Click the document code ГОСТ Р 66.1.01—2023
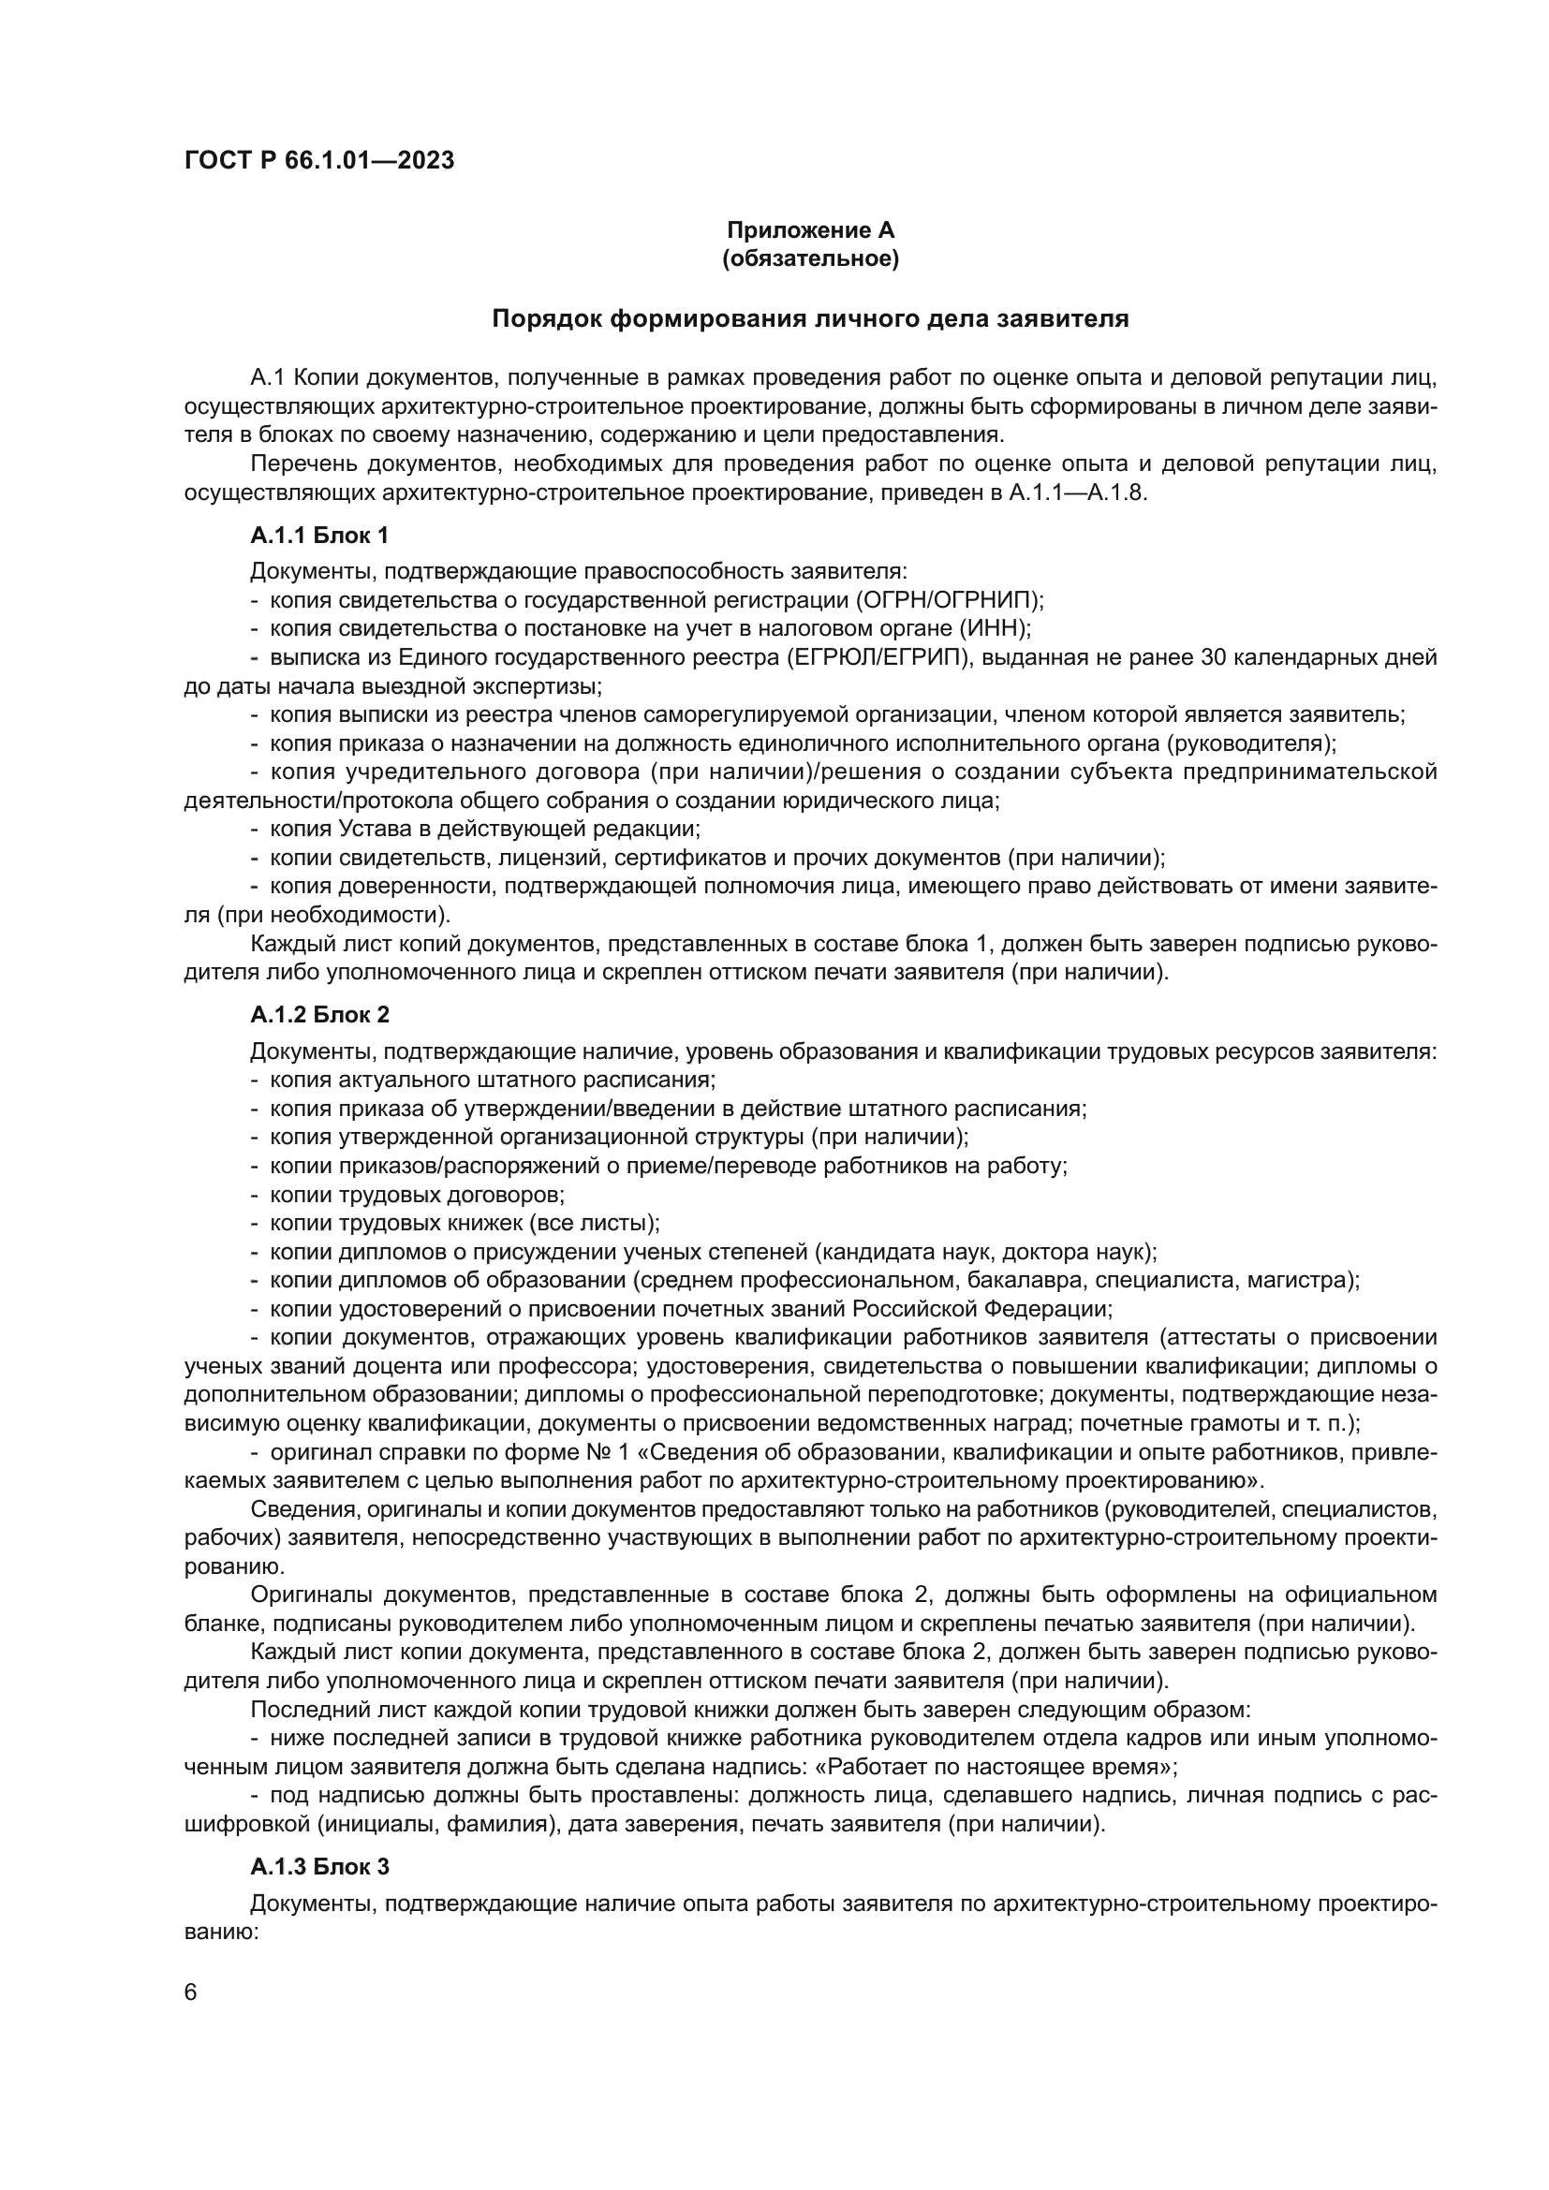coord(318,160)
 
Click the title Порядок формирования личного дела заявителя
coord(810,318)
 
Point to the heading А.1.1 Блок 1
coord(318,536)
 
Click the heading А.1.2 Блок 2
coord(319,1014)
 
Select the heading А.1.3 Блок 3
coord(319,1867)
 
